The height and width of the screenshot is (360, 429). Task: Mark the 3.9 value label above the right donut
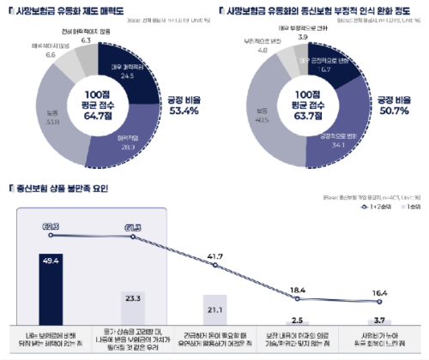coord(302,38)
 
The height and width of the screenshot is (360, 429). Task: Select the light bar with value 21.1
coord(214,309)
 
